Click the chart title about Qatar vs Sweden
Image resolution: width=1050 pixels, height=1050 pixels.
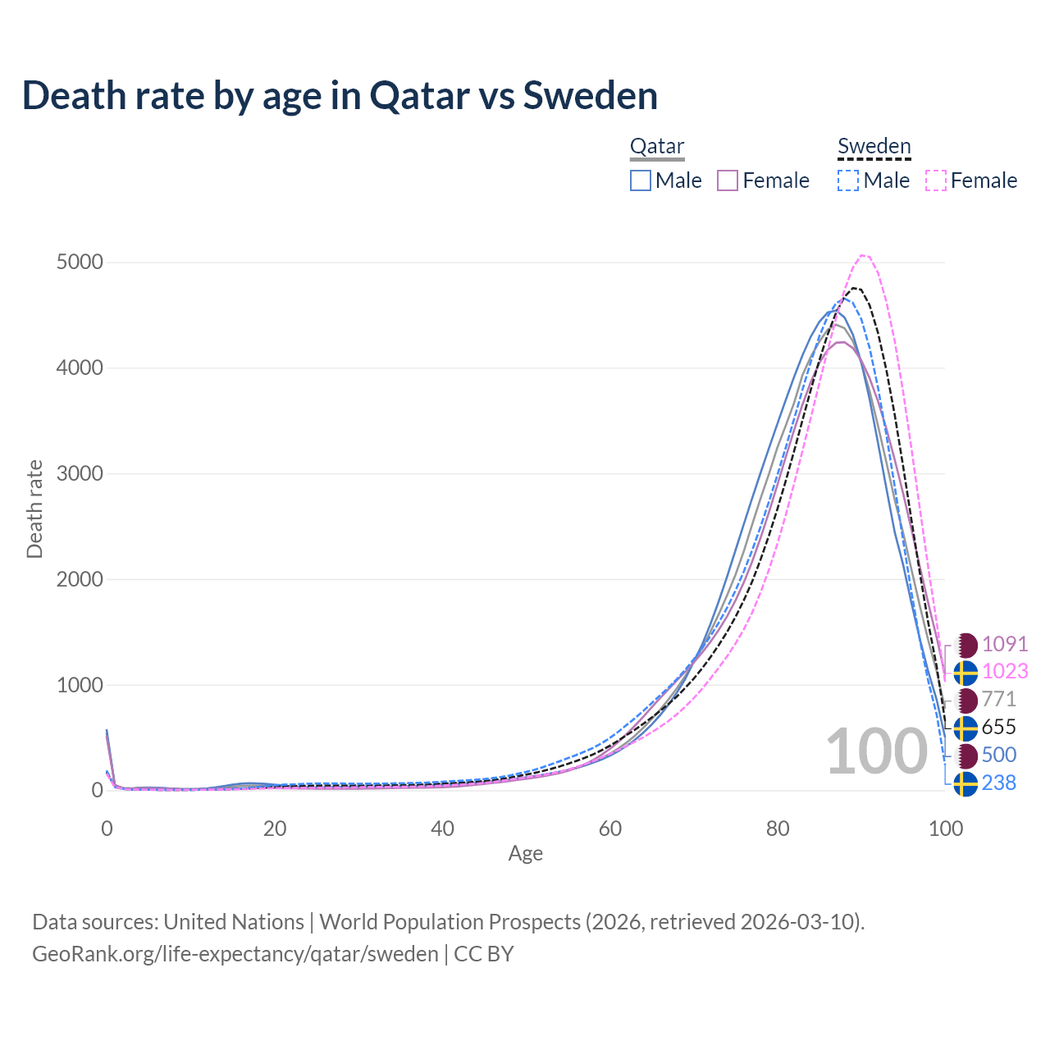[340, 95]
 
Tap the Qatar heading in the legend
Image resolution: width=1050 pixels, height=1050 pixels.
[657, 147]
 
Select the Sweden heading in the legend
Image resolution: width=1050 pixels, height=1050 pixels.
[874, 147]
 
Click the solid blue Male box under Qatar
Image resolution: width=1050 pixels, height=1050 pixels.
[641, 180]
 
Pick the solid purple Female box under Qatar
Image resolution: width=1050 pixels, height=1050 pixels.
[728, 180]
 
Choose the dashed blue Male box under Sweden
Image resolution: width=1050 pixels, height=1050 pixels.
[848, 180]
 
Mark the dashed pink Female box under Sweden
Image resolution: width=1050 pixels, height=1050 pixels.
[936, 180]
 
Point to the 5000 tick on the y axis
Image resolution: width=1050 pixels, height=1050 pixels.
[80, 262]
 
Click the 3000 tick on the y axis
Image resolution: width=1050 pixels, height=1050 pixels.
[80, 474]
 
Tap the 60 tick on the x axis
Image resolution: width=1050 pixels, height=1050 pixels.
[610, 829]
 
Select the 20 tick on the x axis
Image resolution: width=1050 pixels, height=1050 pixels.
[275, 829]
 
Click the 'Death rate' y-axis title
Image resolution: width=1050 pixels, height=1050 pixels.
[34, 509]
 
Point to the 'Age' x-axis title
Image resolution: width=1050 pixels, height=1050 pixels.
[525, 854]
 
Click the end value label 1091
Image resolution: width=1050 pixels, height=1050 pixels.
[1004, 644]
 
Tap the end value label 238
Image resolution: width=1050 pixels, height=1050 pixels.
[998, 783]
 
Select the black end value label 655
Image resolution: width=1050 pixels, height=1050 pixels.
[998, 728]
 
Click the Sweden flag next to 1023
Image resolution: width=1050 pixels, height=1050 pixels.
[966, 673]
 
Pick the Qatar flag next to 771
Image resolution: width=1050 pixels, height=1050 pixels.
[966, 701]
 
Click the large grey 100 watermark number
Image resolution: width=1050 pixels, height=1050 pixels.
[876, 751]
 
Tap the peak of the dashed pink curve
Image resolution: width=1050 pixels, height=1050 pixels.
[864, 255]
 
